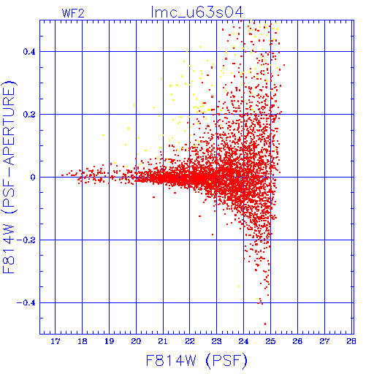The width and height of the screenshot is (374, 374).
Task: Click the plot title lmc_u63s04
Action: (x=197, y=12)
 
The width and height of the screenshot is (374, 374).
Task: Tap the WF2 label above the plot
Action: (x=73, y=13)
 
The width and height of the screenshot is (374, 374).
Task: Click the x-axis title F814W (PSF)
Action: (x=196, y=361)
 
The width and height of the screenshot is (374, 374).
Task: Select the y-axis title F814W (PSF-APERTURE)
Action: (x=9, y=178)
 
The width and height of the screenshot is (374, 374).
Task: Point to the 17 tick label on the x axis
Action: (x=56, y=341)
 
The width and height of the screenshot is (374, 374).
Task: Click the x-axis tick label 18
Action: (x=83, y=341)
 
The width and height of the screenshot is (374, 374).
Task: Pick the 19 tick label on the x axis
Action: (x=109, y=341)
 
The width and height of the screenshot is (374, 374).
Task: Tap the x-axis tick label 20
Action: (x=136, y=341)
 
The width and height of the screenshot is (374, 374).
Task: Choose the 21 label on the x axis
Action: (x=163, y=341)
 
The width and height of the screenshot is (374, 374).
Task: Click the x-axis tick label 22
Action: (x=190, y=341)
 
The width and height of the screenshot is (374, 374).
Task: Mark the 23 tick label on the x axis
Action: (x=217, y=341)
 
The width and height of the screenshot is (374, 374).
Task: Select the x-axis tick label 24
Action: (x=243, y=341)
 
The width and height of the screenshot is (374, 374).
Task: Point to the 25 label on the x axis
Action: (x=270, y=341)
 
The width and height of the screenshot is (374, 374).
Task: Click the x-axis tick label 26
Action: (x=297, y=341)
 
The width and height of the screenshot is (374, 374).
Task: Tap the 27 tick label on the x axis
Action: (x=324, y=341)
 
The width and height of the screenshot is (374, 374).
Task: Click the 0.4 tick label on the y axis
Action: (x=29, y=52)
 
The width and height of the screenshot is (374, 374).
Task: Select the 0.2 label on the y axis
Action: (x=29, y=115)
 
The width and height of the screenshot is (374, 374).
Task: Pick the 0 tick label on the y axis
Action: (x=33, y=177)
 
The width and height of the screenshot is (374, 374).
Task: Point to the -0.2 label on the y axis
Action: (x=26, y=240)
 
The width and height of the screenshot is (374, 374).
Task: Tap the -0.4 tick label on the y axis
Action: (x=26, y=303)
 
